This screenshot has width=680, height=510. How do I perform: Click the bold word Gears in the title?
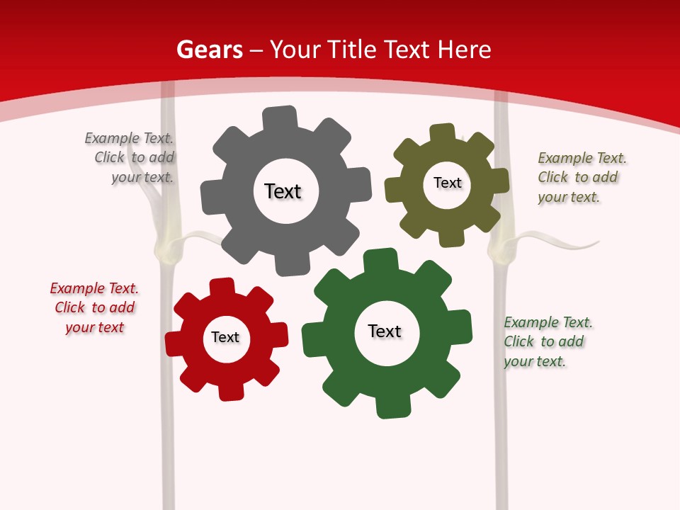pos(209,50)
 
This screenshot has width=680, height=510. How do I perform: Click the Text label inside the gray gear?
pos(283,191)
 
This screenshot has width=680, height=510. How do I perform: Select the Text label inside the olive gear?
pos(447,183)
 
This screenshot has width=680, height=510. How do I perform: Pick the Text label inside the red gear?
pos(225,337)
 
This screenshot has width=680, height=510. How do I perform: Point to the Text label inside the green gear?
pos(385,331)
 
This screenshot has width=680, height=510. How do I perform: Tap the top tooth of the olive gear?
pos(443,134)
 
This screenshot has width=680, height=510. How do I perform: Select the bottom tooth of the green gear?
pos(392,407)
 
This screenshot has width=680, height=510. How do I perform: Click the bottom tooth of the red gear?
pos(230,391)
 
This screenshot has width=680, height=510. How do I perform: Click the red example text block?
pos(95,308)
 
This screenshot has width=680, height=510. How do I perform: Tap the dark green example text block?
pos(547,342)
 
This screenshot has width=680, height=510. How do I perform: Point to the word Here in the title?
pos(464,50)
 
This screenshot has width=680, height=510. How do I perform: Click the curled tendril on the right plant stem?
pos(567,244)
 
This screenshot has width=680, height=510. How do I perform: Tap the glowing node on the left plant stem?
pos(166,247)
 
